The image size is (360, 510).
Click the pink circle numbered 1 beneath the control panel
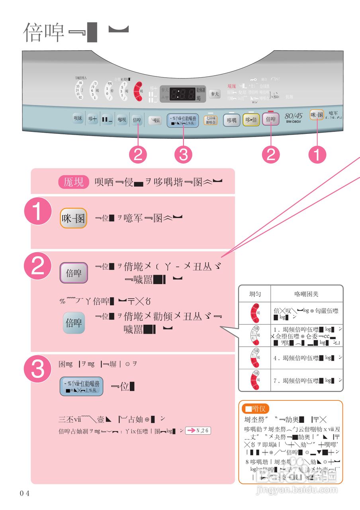(317, 155)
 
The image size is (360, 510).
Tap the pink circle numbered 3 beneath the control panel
(183, 155)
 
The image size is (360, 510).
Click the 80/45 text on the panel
(294, 116)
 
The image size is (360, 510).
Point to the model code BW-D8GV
(294, 122)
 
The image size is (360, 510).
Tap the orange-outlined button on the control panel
(318, 116)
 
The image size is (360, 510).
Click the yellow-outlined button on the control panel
(251, 120)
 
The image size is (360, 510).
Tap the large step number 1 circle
(38, 213)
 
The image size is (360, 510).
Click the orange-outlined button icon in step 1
(73, 218)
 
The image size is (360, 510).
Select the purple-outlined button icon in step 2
(73, 273)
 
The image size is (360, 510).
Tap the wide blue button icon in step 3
(81, 386)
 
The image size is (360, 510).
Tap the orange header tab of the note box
(255, 408)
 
